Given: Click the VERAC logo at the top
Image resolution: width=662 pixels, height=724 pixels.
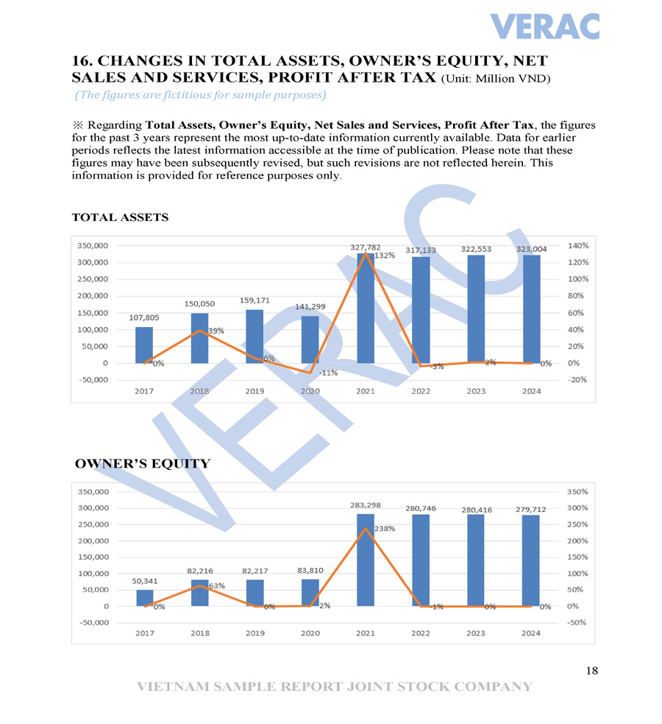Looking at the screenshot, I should [x=544, y=27].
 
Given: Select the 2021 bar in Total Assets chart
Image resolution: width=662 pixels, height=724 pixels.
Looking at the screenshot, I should [x=366, y=309].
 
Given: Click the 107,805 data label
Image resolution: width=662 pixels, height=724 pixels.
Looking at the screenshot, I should [x=144, y=317].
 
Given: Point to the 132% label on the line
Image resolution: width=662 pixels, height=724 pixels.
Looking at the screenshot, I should [x=385, y=256].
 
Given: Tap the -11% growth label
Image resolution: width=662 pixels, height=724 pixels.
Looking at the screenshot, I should [x=328, y=373].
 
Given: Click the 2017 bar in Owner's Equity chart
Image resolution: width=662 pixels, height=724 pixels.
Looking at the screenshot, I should [x=145, y=598].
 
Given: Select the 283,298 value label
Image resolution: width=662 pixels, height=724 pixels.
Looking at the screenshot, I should [x=366, y=505].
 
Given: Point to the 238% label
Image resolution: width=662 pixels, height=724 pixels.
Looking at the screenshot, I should [x=385, y=529].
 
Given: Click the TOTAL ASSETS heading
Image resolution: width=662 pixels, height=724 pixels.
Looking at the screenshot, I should [x=120, y=217].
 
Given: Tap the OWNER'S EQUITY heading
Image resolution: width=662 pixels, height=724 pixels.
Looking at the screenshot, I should [x=143, y=463].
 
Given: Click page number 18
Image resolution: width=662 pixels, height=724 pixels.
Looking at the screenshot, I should [x=592, y=670].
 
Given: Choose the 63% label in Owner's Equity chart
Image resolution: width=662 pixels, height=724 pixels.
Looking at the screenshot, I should [x=216, y=586].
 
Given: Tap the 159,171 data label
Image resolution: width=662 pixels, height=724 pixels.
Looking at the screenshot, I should [x=255, y=301].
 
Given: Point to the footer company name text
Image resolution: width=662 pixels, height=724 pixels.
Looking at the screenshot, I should [x=335, y=686].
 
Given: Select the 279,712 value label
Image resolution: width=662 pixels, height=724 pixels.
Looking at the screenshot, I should [x=531, y=509].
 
